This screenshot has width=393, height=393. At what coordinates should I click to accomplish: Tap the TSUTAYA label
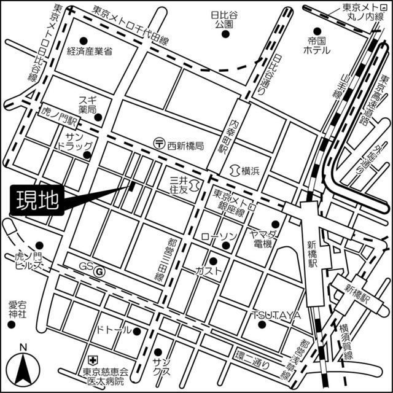pos(276,315)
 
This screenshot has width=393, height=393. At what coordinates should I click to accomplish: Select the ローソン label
pos(218,237)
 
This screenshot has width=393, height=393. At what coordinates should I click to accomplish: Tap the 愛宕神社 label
pos(17,309)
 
